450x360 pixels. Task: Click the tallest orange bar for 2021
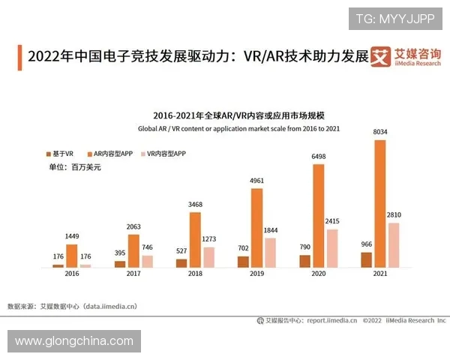point(379,203)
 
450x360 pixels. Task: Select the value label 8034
point(379,133)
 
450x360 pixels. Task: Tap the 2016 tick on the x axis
point(71,275)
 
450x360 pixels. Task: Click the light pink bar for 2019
point(271,253)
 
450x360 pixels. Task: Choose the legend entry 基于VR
point(59,153)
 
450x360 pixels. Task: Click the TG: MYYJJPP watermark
point(394,19)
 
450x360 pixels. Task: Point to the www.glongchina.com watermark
point(73,341)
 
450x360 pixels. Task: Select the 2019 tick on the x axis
point(256,275)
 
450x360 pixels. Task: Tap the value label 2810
point(394,215)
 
